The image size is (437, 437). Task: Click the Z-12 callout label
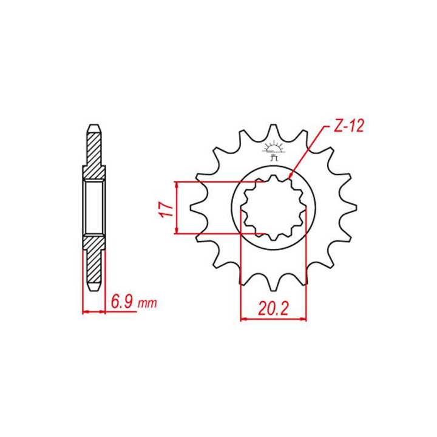348,127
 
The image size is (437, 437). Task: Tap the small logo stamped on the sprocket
273,150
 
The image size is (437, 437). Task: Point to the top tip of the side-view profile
94,128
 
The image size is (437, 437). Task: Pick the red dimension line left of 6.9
94,312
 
